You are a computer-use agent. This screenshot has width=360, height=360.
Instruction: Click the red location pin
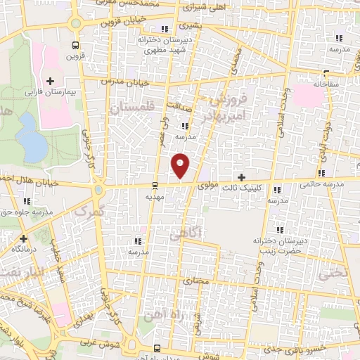click(181, 165)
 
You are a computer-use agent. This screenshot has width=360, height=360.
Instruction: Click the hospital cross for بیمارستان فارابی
click(50, 82)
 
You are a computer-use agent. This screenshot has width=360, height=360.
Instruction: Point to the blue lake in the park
click(31, 138)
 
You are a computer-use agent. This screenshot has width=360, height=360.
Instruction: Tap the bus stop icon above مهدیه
click(155, 186)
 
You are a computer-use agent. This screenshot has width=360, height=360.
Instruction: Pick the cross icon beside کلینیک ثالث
click(242, 177)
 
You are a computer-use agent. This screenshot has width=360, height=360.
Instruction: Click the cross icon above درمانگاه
click(23, 238)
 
